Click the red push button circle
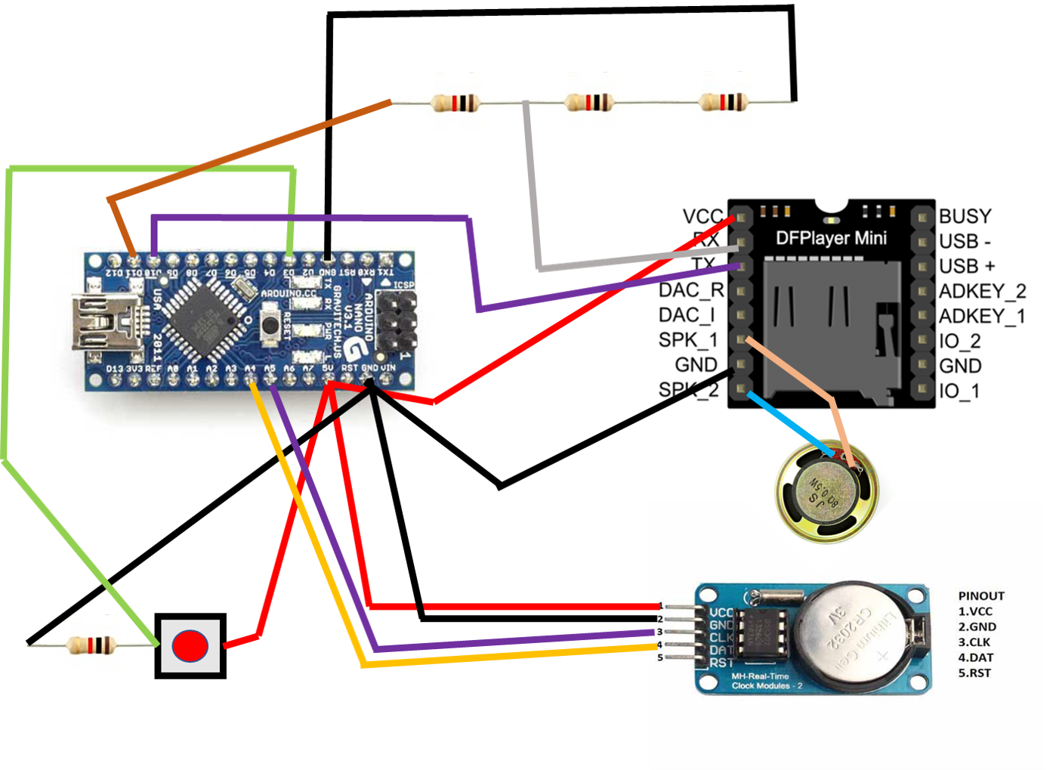pos(190,646)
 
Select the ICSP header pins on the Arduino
pos(396,321)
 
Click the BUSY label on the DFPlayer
pos(965,216)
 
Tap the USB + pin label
pos(967,266)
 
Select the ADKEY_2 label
pos(982,291)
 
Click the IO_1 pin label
pos(959,391)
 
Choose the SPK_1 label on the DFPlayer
pos(687,340)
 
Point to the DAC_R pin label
pos(690,291)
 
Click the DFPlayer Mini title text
pos(831,239)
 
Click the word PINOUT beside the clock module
pos(981,595)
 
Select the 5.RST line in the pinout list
pos(974,673)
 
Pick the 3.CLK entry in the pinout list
pos(976,642)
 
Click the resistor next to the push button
pos(90,645)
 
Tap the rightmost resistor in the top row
pos(723,102)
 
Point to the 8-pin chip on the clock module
pos(762,633)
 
